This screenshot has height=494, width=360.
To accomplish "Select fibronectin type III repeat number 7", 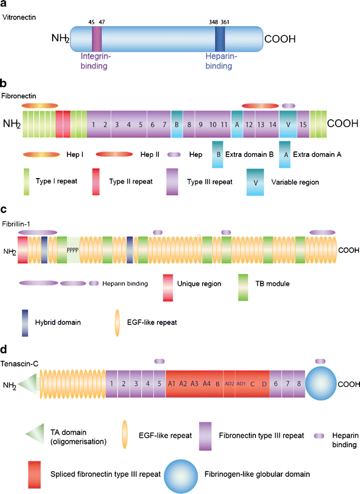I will click(163, 124).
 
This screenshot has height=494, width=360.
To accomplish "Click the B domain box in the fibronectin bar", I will click(177, 124).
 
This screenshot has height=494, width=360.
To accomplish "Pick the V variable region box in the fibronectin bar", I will click(288, 124).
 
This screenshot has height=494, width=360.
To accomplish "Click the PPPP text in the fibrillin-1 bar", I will click(72, 250).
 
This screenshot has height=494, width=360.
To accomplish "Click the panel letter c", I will click(4, 209).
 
